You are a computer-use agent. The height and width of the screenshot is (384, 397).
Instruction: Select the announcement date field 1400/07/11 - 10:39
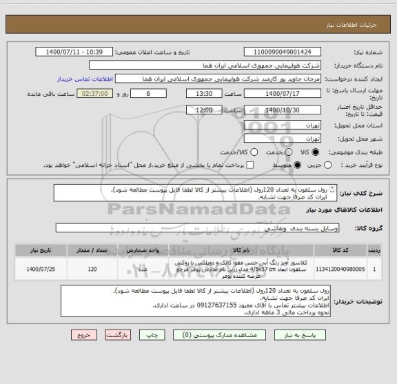[75, 52]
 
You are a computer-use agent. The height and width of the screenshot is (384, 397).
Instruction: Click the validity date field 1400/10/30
[283, 110]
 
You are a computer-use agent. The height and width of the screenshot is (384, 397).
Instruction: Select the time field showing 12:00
[185, 110]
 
